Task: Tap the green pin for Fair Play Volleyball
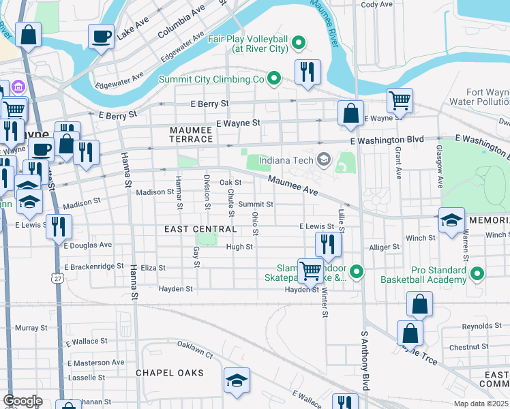pos(298,44)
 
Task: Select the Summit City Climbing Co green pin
pos(274,79)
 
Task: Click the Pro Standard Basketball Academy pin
pos(477,275)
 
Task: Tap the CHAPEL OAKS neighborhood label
pos(170,373)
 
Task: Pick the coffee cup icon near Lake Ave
pos(102,37)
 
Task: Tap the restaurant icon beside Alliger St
pos(328,245)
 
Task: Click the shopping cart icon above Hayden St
pos(311,271)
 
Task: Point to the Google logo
pos(22,401)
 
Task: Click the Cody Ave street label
pos(377,4)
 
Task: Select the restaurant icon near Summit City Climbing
pos(307,72)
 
